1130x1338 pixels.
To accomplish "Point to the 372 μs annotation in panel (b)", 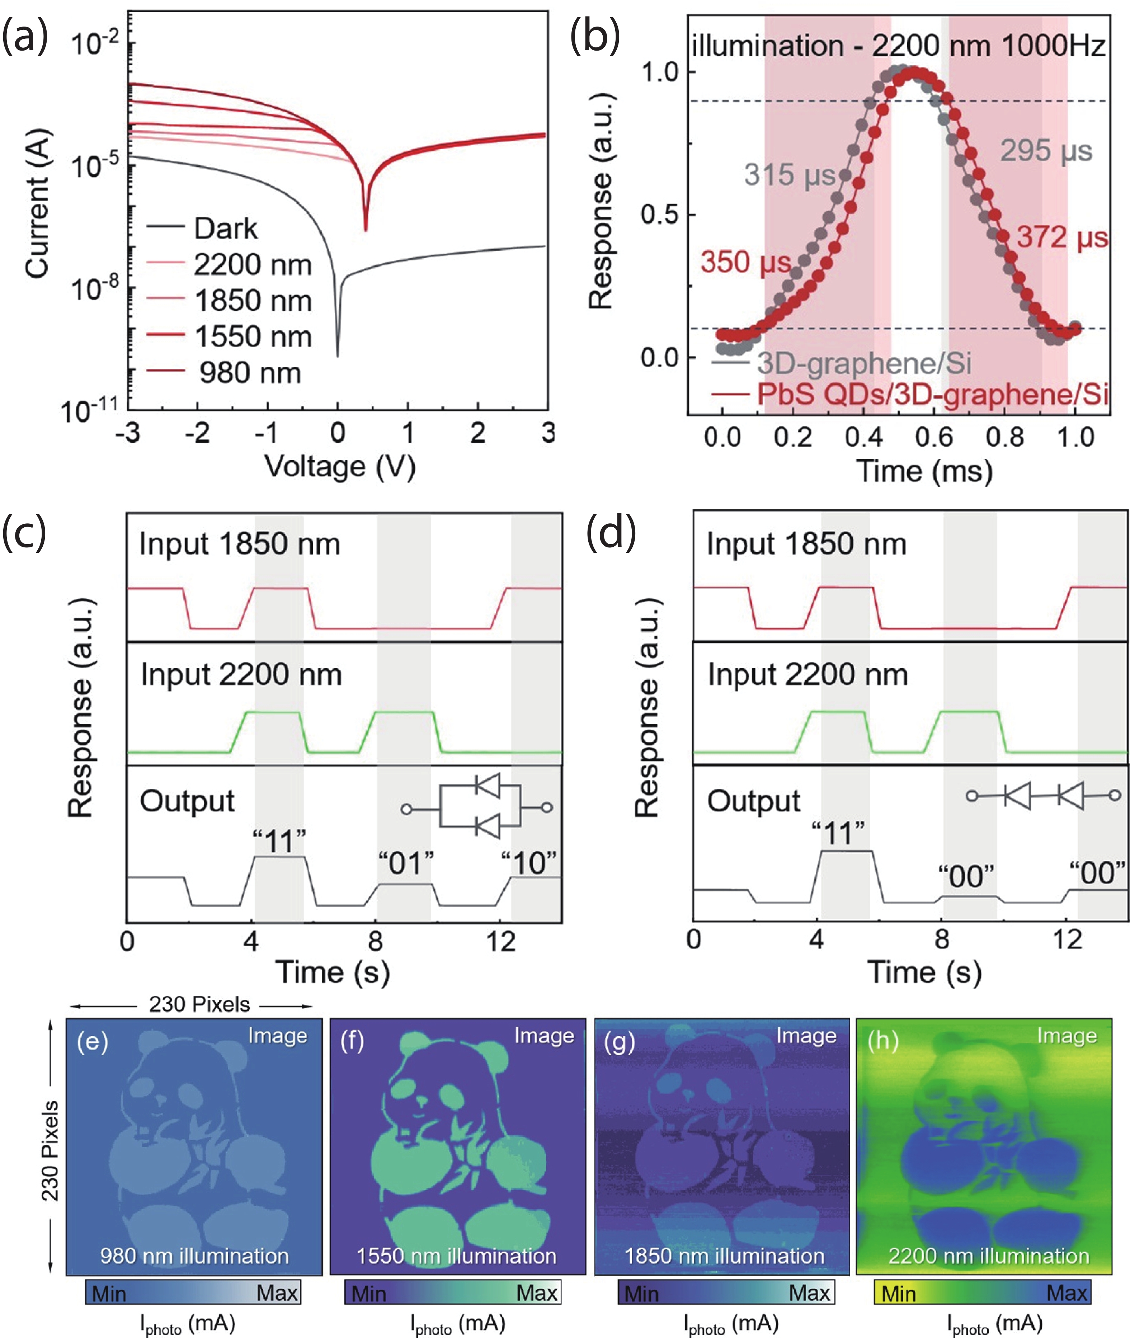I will (x=1062, y=237).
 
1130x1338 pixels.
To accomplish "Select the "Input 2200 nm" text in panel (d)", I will (x=807, y=674).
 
